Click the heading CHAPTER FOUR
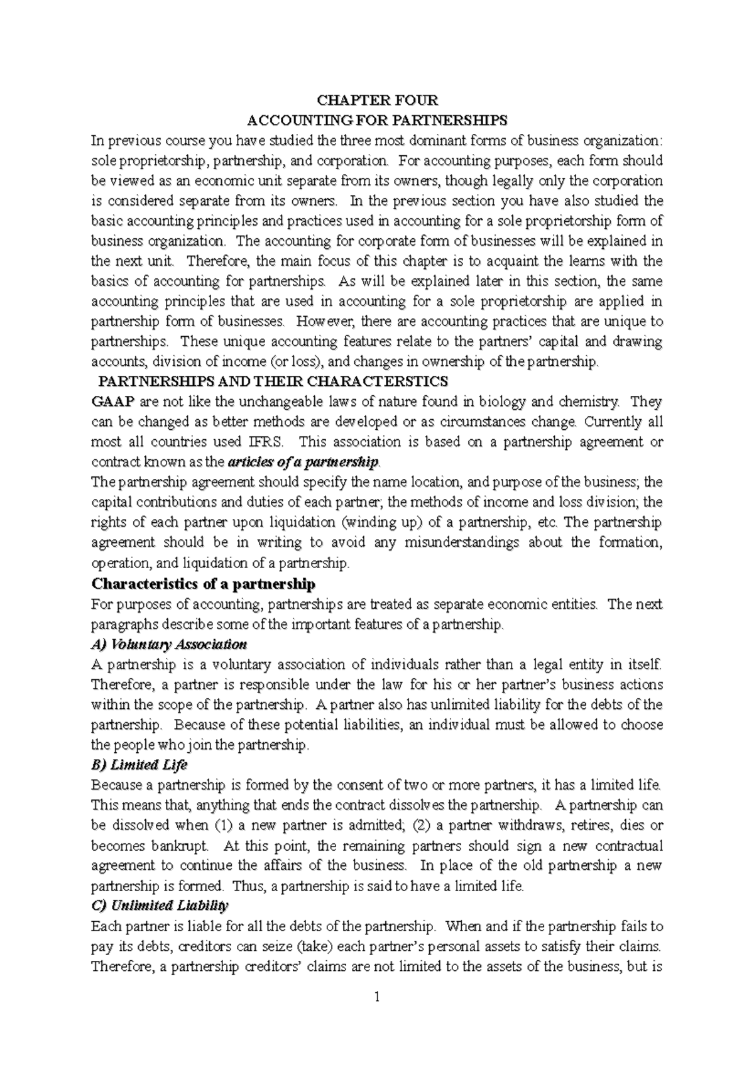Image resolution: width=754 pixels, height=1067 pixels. [x=377, y=101]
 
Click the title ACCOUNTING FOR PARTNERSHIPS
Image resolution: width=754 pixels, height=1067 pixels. [x=377, y=120]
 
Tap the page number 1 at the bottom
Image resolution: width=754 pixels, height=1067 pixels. [x=377, y=997]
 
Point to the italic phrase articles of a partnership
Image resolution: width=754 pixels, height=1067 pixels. [x=303, y=462]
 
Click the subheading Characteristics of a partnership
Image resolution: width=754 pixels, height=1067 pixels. [x=204, y=584]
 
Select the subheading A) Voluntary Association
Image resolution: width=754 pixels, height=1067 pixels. [x=169, y=644]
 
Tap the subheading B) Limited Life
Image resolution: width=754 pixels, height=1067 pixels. [x=139, y=765]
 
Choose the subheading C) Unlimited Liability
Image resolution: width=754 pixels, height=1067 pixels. [x=160, y=906]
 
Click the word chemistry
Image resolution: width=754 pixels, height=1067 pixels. [x=587, y=402]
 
